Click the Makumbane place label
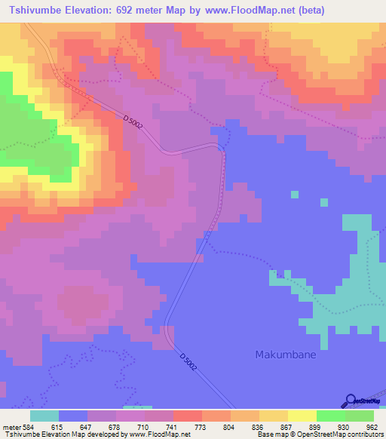pyautogui.click(x=285, y=355)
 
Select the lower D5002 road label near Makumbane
pyautogui.click(x=188, y=361)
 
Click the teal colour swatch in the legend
pyautogui.click(x=44, y=416)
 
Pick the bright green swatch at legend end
pyautogui.click(x=360, y=416)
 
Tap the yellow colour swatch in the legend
pyautogui.click(x=302, y=416)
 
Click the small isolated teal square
pyautogui.click(x=323, y=202)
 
